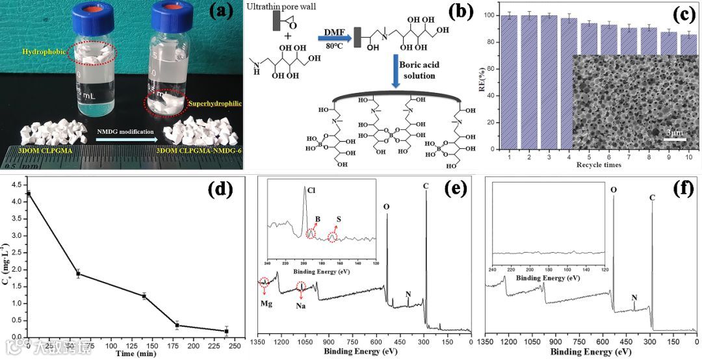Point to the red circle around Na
click(301, 286)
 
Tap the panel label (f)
click(680, 190)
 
